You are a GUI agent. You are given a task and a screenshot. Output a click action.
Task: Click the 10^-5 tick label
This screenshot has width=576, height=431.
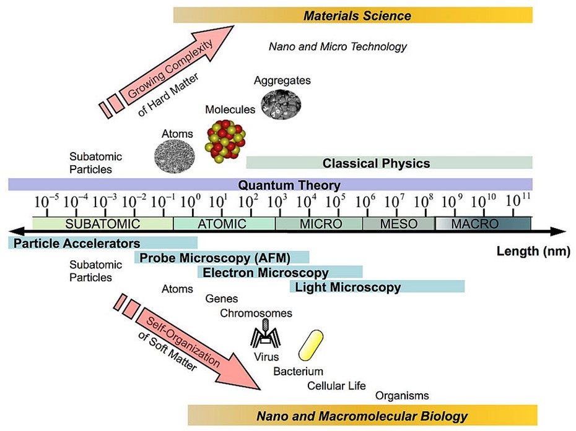coord(46,202)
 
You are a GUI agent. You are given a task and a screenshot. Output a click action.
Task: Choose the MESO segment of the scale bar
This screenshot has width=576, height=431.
coord(399,223)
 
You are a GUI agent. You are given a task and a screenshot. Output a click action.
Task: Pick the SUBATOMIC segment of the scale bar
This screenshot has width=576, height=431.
coord(103,223)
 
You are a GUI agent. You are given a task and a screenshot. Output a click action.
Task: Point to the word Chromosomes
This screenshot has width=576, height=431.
coord(256,314)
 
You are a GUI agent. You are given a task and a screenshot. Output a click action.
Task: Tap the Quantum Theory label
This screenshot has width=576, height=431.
coord(289,185)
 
